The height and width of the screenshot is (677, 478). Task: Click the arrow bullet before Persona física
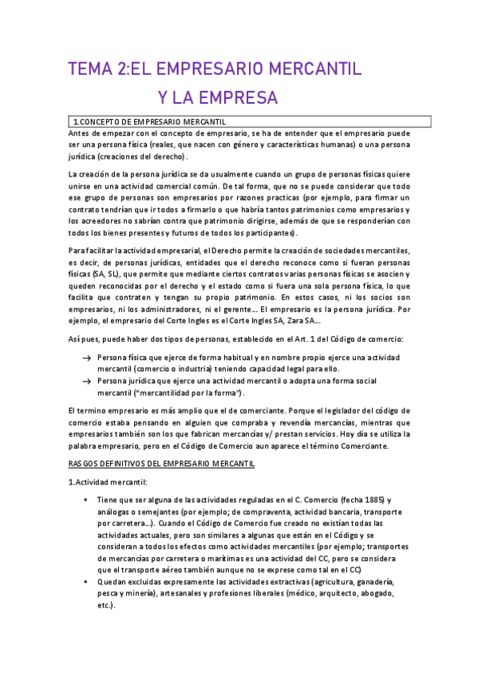85,357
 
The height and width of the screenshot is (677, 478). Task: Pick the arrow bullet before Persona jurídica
85,382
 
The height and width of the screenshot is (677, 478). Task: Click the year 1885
364,499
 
